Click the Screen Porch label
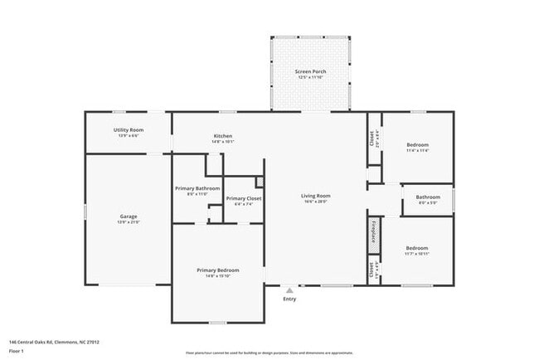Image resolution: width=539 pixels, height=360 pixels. coord(311,72)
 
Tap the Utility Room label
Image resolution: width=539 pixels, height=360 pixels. coord(129,130)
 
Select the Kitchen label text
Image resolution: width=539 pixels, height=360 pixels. coord(222,136)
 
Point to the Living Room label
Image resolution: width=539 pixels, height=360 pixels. coord(315,196)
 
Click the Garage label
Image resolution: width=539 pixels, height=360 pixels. coord(129,216)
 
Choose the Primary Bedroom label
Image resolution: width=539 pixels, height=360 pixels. coord(218,270)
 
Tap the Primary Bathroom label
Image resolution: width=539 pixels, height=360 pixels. coord(197,188)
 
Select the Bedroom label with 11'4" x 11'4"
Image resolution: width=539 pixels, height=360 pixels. coord(417,145)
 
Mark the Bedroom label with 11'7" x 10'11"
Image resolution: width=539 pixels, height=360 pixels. coord(417,248)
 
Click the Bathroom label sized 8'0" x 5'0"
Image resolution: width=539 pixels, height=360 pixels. coord(428,197)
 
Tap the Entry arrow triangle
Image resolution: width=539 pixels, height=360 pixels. coord(289,291)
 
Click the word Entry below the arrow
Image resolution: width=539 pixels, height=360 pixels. coord(289,299)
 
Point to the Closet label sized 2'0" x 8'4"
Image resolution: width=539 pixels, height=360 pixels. coord(371,138)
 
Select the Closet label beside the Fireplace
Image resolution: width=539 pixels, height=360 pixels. coord(371,270)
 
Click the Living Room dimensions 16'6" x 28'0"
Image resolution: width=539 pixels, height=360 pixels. coord(315,202)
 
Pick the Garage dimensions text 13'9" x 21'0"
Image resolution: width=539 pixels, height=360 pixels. coord(129,222)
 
